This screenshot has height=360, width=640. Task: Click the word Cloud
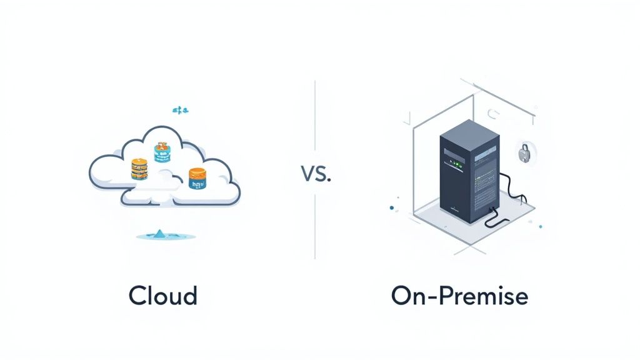[x=163, y=295]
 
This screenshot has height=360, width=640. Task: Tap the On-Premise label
[x=459, y=295]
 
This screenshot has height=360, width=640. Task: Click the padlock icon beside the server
[x=524, y=152]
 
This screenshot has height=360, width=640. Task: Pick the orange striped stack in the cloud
[x=139, y=169]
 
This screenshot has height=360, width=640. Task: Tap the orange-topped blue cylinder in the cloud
[x=197, y=178]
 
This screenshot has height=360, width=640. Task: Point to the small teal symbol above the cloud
[x=179, y=110]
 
